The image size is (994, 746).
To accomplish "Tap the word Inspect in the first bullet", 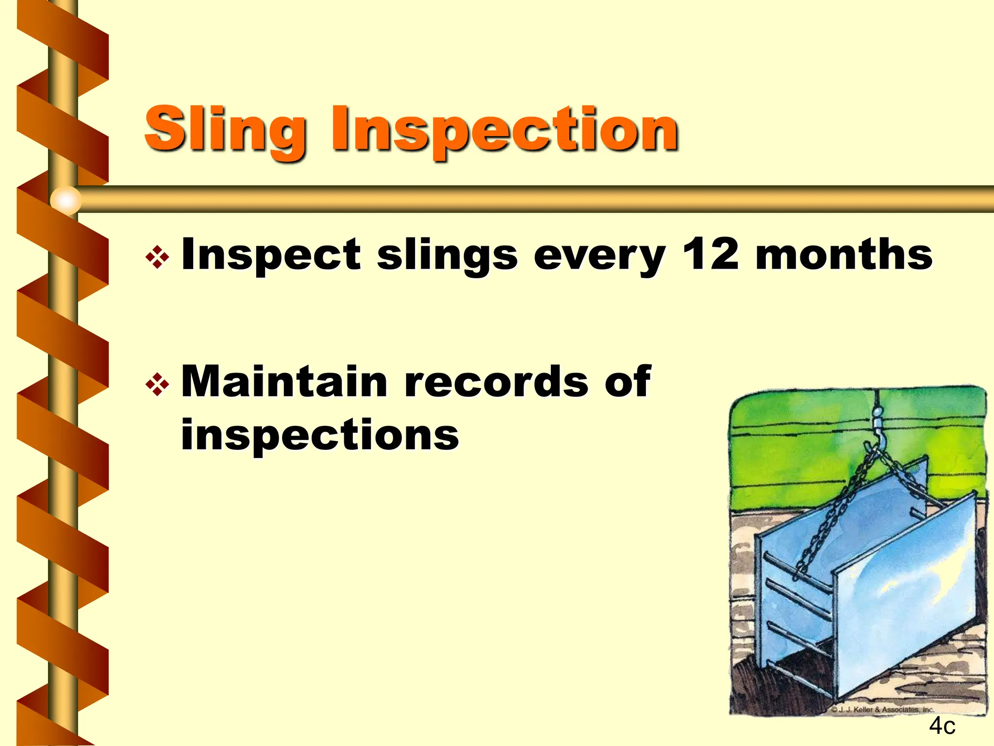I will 270,255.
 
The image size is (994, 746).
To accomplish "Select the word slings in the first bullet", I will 447,256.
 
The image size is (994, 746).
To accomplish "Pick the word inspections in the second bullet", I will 320,435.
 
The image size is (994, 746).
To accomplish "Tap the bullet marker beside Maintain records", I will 157,385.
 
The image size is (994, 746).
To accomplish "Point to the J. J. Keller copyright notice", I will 882,710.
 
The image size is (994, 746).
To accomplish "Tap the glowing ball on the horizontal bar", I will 66,200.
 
